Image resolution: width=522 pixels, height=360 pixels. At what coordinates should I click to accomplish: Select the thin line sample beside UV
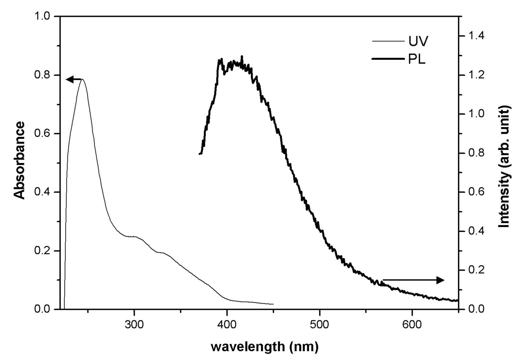pyautogui.click(x=387, y=41)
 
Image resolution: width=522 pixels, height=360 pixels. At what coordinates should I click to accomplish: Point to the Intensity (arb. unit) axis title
pyautogui.click(x=504, y=166)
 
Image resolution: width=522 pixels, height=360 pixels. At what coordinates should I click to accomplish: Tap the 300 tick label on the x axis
pyautogui.click(x=134, y=325)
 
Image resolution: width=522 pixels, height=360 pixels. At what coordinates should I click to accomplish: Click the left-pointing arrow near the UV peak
pyautogui.click(x=74, y=79)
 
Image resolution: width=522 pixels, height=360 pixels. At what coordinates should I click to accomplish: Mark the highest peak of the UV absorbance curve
pyautogui.click(x=83, y=79)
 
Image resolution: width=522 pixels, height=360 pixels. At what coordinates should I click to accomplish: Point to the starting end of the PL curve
pyautogui.click(x=200, y=154)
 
